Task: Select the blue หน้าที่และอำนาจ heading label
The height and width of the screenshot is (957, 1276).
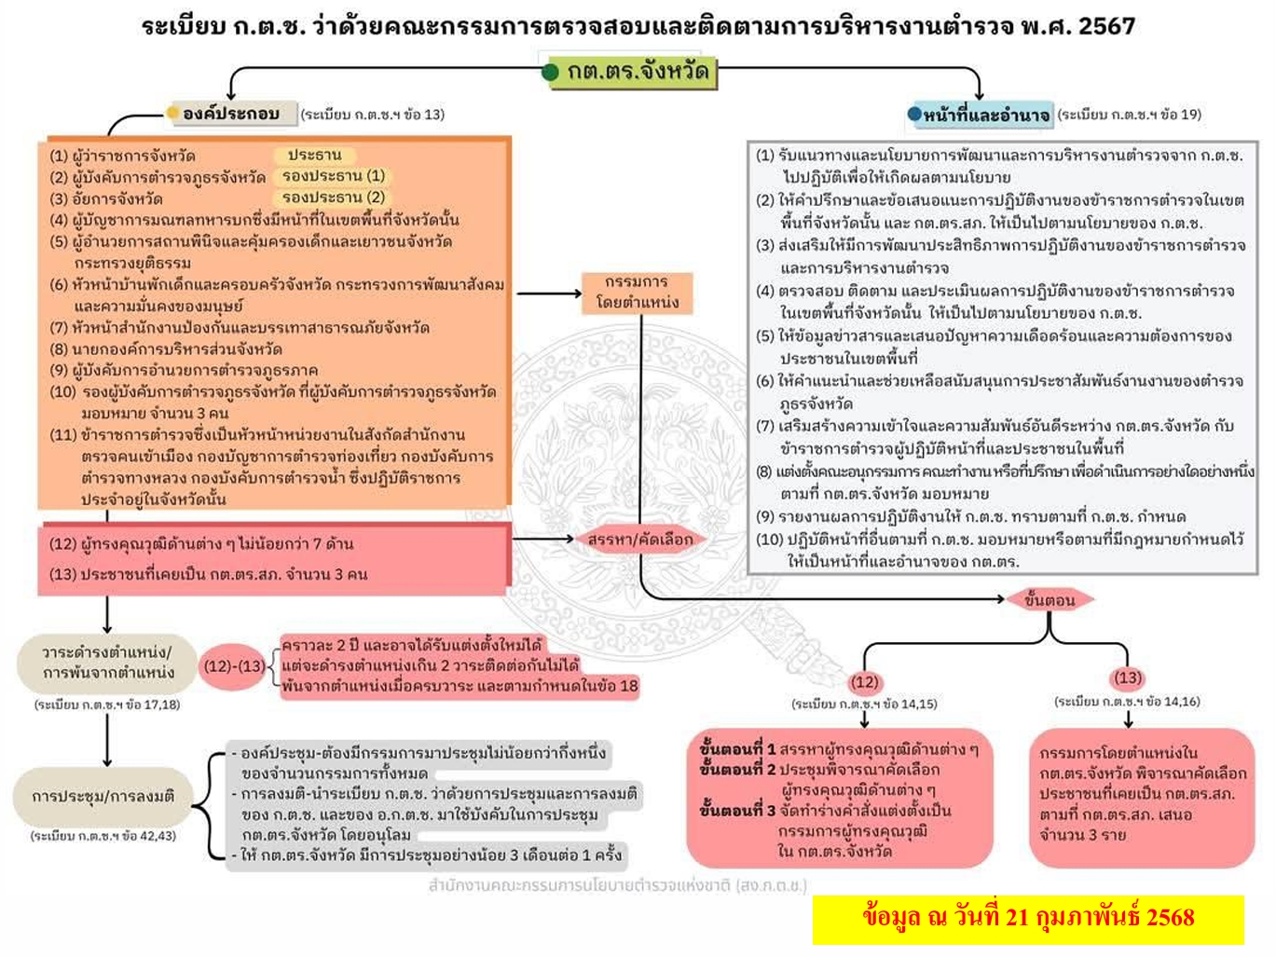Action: click(986, 116)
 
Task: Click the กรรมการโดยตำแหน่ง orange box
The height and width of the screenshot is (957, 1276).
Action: click(638, 292)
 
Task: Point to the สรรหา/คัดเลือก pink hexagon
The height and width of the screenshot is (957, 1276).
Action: click(639, 539)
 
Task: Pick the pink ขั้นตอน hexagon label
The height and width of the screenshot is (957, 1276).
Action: click(1050, 599)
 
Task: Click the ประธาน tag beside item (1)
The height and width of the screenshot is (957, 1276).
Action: click(314, 155)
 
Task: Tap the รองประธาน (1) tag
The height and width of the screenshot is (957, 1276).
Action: click(333, 175)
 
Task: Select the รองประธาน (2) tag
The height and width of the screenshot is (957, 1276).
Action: click(333, 197)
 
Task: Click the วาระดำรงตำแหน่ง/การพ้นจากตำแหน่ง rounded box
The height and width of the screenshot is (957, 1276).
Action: click(108, 662)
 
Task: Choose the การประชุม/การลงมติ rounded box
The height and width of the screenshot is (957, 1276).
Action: click(103, 797)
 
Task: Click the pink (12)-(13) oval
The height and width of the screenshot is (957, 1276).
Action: click(234, 666)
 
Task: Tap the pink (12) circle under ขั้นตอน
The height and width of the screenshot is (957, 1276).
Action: click(864, 681)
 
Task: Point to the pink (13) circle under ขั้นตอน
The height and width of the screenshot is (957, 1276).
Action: click(1128, 677)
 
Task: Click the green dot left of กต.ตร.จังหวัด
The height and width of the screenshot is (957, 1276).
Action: click(550, 72)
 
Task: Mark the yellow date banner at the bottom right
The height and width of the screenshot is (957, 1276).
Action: click(1028, 918)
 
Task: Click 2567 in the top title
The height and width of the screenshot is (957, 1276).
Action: click(1106, 26)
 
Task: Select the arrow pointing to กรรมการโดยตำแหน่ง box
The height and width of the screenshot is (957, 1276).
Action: click(550, 293)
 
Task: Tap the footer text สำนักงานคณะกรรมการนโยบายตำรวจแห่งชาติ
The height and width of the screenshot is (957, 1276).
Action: click(617, 884)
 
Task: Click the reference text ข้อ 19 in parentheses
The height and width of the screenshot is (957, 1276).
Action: click(1182, 115)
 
